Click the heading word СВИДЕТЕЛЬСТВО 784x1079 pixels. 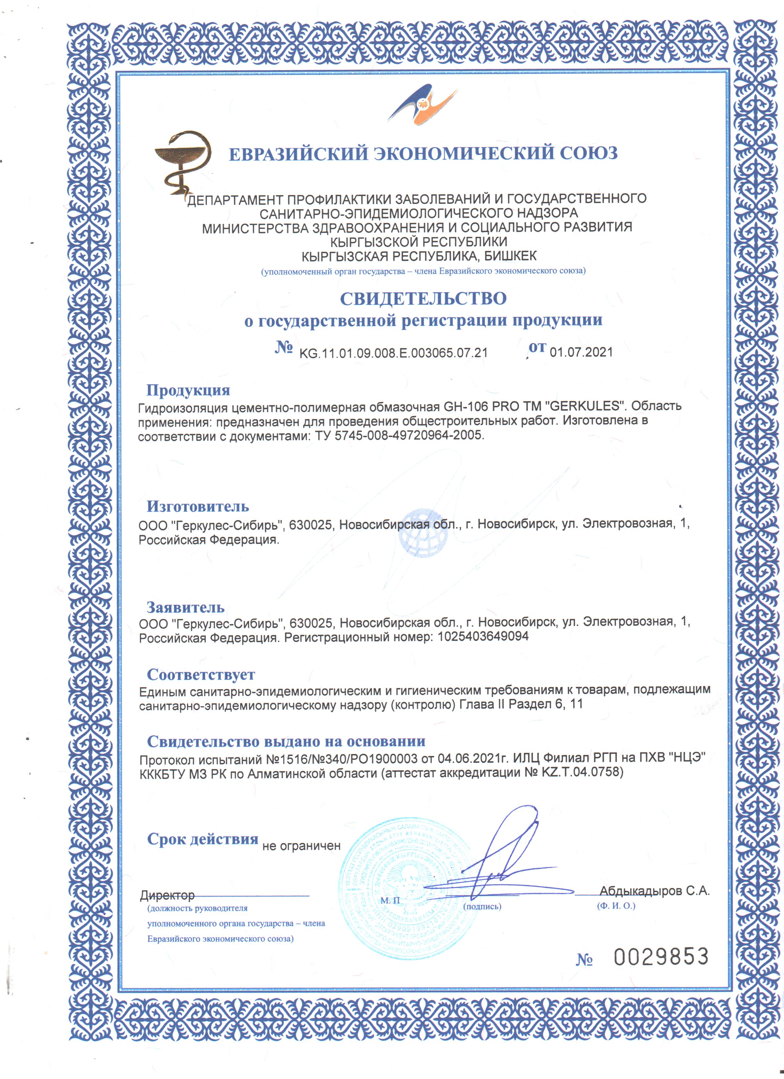click(423, 298)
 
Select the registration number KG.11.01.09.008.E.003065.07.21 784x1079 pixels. click(393, 352)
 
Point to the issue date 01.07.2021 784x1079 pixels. click(581, 352)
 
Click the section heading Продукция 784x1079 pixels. click(188, 390)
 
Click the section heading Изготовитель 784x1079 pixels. click(197, 507)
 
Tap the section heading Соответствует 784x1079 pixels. click(201, 675)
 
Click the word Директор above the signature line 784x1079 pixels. click(167, 895)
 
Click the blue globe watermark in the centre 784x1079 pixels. click(423, 533)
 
